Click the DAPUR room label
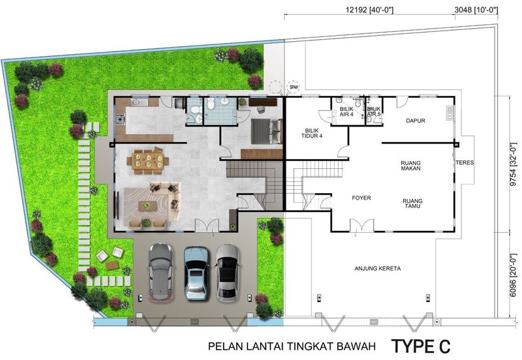[x=415, y=121]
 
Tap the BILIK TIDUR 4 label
[x=312, y=133]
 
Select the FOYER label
[x=361, y=198]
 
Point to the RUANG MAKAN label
[x=410, y=166]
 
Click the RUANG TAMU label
[x=412, y=203]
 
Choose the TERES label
[x=465, y=162]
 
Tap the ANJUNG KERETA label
[x=378, y=269]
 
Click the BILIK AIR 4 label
[x=346, y=112]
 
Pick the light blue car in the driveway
[x=197, y=273]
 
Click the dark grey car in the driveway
[x=161, y=273]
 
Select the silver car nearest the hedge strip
[x=227, y=273]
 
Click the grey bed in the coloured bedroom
[x=266, y=132]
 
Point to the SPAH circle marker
[x=294, y=87]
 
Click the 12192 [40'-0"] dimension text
[x=369, y=10]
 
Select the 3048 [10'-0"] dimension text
[x=476, y=10]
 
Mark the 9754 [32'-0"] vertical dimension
[x=515, y=164]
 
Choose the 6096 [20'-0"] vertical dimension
[x=515, y=275]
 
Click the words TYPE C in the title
[x=421, y=346]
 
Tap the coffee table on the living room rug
[x=148, y=206]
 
